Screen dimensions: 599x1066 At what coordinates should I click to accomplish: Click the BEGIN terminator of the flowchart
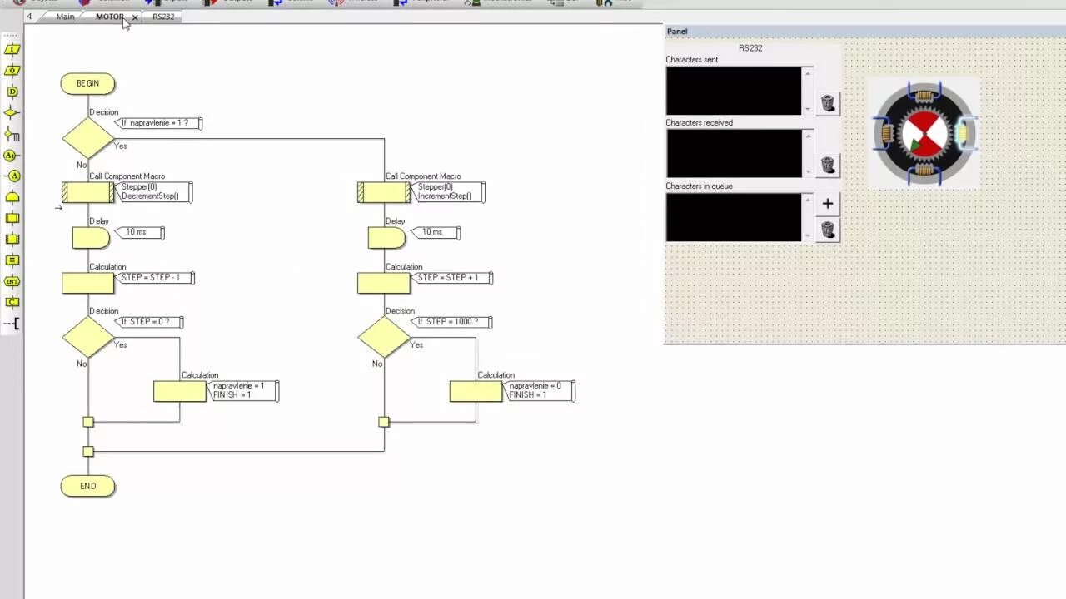87,83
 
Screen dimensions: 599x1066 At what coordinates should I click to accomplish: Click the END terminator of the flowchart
87,486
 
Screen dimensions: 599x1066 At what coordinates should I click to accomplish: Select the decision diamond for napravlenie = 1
88,138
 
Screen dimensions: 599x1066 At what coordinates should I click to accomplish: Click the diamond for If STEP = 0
88,337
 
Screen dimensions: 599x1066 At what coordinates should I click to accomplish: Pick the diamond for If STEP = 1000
384,337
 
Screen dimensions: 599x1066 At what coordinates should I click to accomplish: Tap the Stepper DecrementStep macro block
88,192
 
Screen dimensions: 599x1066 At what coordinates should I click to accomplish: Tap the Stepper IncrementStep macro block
384,192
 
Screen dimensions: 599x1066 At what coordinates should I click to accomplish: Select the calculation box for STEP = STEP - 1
88,283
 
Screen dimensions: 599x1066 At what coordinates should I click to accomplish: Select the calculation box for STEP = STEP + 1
384,283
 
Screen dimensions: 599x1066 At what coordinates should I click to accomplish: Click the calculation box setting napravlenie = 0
476,391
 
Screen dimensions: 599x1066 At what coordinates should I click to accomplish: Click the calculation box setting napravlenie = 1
180,391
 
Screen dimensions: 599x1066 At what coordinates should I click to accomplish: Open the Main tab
65,17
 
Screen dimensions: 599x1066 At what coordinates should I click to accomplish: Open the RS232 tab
163,17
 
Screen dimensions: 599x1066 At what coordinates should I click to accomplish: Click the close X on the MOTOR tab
135,17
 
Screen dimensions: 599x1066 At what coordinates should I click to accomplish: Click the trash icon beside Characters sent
828,102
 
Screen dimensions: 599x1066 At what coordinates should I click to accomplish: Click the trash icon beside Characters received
828,165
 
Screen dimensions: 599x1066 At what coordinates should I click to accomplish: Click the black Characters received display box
733,153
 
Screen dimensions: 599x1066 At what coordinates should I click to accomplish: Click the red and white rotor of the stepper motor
924,134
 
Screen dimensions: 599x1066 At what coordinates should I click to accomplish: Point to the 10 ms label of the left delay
136,232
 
